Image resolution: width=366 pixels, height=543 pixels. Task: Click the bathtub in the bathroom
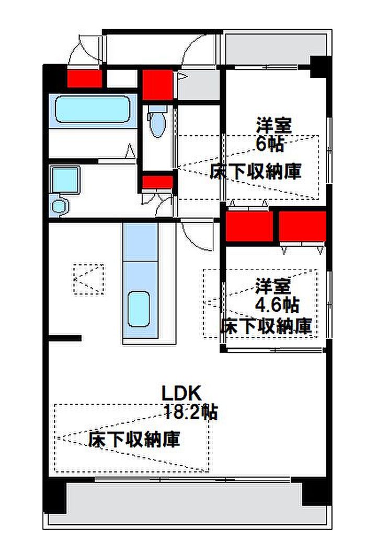[92, 109]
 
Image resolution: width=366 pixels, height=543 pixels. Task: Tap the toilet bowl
[158, 123]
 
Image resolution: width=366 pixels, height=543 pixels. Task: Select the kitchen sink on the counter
[139, 309]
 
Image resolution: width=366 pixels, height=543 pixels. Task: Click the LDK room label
[181, 393]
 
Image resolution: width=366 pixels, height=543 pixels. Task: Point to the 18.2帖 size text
[190, 412]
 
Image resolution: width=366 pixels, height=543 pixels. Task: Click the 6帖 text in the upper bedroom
[270, 144]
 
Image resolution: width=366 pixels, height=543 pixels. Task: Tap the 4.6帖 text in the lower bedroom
[277, 305]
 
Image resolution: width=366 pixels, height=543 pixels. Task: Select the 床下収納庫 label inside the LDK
[134, 439]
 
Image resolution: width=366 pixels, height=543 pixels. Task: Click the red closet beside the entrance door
[84, 79]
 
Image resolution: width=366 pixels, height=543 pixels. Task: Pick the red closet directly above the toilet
[157, 85]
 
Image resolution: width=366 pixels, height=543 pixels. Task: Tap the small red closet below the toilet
[157, 182]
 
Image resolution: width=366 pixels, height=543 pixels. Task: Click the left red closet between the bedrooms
[249, 226]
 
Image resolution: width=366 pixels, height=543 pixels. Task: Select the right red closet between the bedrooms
[303, 226]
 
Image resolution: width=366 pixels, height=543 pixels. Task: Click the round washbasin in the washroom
[59, 207]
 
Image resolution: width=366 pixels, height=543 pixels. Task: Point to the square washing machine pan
[65, 180]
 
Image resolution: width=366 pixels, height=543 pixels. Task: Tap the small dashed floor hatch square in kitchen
[88, 279]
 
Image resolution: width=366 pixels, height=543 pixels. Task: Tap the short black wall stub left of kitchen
[65, 338]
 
